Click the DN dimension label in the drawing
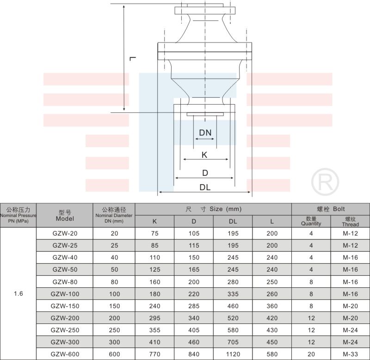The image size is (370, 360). (205, 133)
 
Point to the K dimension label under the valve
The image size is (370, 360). (204, 155)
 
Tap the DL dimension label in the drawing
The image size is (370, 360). (205, 187)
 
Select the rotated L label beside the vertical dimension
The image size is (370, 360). (133, 58)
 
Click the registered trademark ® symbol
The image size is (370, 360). (325, 182)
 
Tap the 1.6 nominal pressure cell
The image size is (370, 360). (18, 293)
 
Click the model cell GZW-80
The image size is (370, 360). (65, 282)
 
